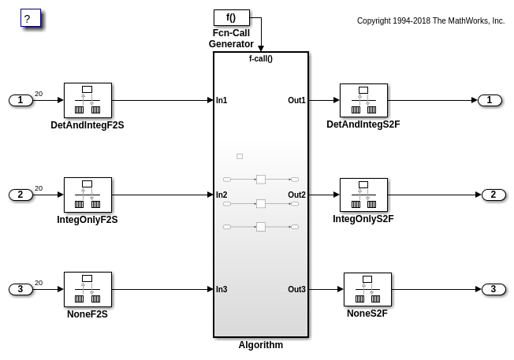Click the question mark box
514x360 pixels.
(30, 18)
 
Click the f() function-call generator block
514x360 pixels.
(231, 17)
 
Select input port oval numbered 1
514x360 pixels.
(20, 100)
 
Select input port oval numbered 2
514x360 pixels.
(20, 195)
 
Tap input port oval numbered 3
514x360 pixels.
(20, 289)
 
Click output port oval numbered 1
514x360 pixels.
(490, 100)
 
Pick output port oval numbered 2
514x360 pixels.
(494, 195)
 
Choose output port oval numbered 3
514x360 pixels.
(494, 289)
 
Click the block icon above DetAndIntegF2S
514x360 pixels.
(88, 100)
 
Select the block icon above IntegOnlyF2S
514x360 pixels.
(88, 195)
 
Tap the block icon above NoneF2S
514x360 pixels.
(88, 289)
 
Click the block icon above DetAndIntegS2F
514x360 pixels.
(363, 100)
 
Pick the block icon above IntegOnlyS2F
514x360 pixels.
(363, 195)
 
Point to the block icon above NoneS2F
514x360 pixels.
(367, 289)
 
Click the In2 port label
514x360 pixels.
(222, 195)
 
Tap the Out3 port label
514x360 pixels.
(296, 289)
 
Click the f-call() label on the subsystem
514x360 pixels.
(261, 58)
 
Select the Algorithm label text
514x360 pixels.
(261, 345)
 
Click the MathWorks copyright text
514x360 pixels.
(430, 21)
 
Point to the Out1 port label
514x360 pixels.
(296, 100)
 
